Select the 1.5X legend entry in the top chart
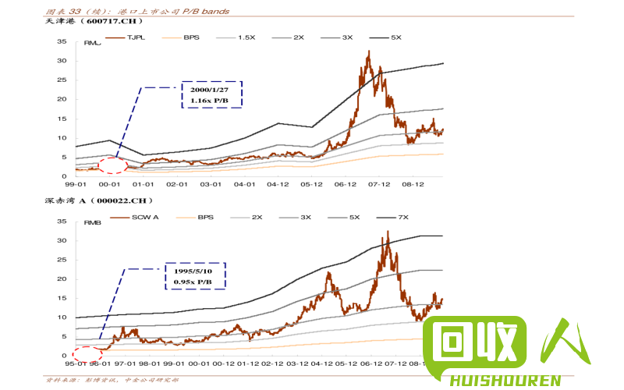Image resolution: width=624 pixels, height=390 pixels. (246, 37)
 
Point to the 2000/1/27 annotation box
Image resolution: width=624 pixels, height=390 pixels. (211, 95)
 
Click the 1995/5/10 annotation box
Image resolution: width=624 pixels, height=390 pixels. (195, 275)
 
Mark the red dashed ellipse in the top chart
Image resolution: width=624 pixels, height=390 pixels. (114, 165)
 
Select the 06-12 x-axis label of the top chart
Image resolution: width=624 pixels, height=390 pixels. (345, 185)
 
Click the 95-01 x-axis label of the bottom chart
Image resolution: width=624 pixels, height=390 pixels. (75, 363)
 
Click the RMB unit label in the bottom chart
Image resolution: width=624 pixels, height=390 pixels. (93, 224)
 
